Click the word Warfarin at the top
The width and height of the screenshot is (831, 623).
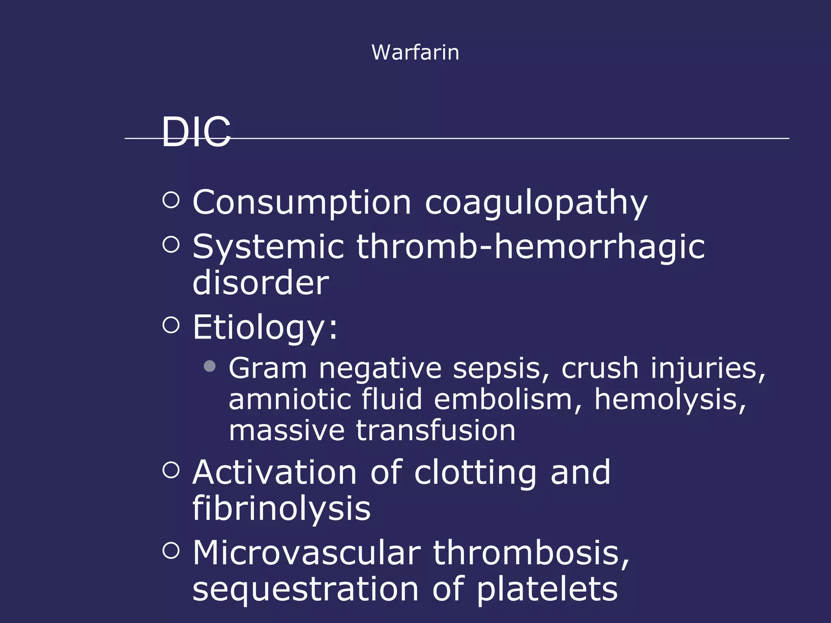[x=415, y=53]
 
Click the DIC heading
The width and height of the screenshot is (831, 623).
[x=196, y=132]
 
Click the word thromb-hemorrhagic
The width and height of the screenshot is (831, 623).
[x=530, y=247]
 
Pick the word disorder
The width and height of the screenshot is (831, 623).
[x=260, y=283]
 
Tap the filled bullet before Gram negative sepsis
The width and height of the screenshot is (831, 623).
[x=209, y=366]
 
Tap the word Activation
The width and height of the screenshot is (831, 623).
[x=274, y=473]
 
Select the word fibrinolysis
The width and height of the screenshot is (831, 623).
[x=281, y=509]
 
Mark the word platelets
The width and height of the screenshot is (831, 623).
[x=547, y=590]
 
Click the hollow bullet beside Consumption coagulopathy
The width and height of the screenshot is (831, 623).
[x=171, y=200]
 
